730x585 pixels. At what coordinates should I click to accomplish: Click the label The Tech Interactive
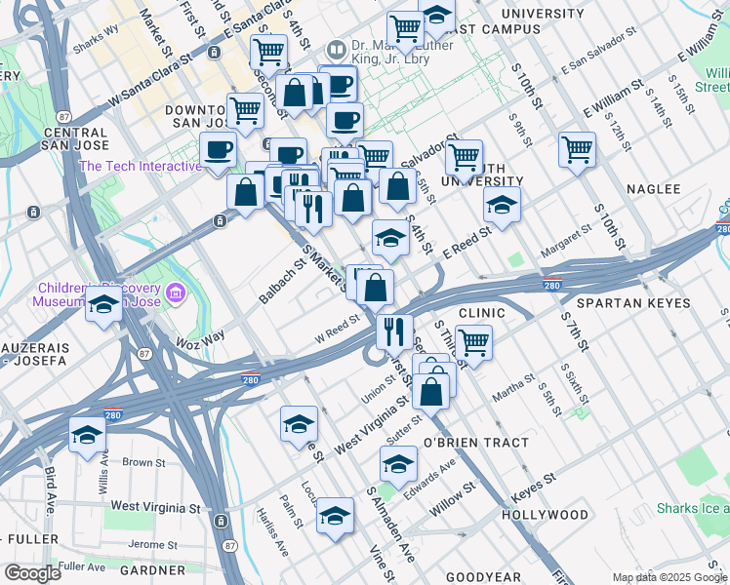pyautogui.click(x=140, y=166)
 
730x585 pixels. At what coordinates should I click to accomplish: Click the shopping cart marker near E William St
pyautogui.click(x=577, y=149)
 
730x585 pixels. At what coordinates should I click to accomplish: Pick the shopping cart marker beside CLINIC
pyautogui.click(x=472, y=342)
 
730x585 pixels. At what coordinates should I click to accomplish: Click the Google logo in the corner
pyautogui.click(x=31, y=572)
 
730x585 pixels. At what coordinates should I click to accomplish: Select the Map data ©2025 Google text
pyautogui.click(x=669, y=577)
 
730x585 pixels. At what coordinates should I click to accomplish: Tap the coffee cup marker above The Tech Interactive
pyautogui.click(x=218, y=149)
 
